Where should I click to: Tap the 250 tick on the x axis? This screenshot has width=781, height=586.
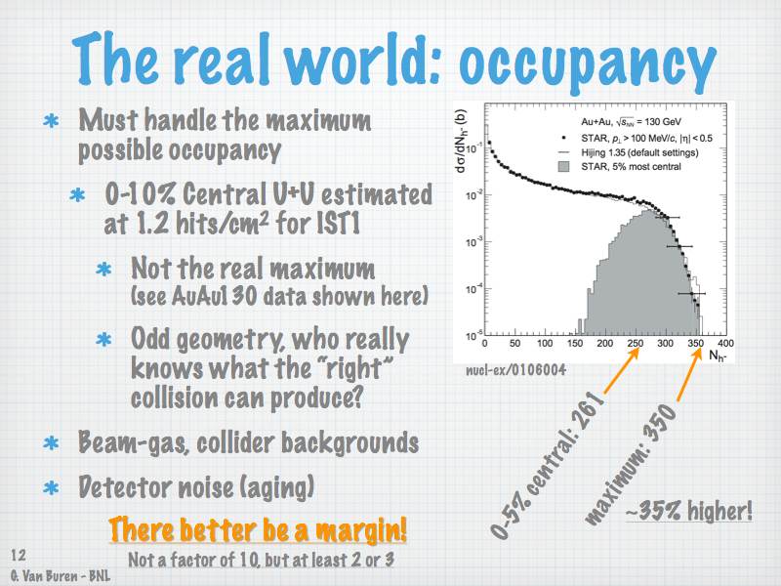[x=636, y=344]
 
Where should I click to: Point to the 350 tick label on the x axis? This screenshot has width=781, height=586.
[x=696, y=344]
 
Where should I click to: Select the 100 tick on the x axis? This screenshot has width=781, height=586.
[x=545, y=344]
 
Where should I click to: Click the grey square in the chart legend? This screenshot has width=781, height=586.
[x=563, y=166]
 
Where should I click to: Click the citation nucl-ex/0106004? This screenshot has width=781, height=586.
[x=515, y=370]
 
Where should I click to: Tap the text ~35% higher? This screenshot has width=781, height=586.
[x=689, y=511]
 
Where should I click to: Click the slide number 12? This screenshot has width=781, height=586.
[x=19, y=555]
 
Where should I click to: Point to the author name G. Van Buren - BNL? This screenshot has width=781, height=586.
[x=61, y=575]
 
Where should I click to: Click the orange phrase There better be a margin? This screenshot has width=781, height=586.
[x=258, y=529]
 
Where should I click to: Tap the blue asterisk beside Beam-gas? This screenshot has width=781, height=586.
[x=51, y=443]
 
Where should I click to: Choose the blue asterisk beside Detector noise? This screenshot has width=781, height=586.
[x=51, y=487]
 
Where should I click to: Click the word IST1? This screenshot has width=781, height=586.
[x=338, y=223]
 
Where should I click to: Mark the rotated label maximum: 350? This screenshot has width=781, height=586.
[x=631, y=465]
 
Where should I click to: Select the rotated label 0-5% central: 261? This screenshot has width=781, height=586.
[x=548, y=465]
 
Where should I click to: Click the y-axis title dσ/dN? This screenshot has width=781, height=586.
[x=461, y=141]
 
